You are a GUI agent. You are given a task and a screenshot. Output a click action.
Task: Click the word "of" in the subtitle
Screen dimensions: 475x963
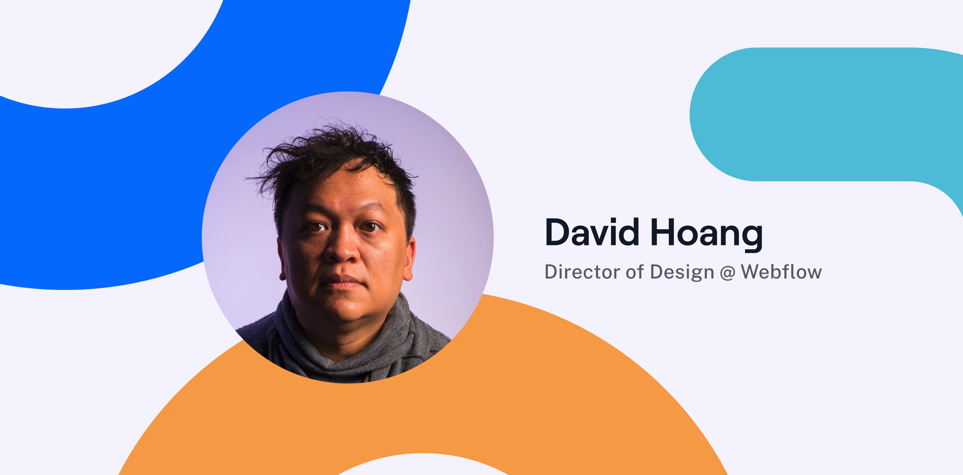point(635,272)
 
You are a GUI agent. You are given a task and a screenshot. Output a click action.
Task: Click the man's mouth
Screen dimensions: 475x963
point(341,281)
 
